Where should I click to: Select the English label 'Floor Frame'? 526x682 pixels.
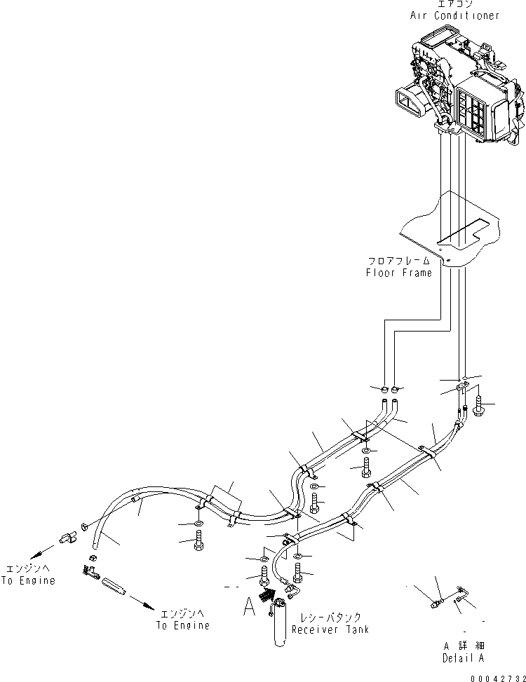[398, 273]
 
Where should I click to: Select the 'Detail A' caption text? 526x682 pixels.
[463, 658]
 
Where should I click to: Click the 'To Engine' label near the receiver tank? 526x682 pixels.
[184, 625]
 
